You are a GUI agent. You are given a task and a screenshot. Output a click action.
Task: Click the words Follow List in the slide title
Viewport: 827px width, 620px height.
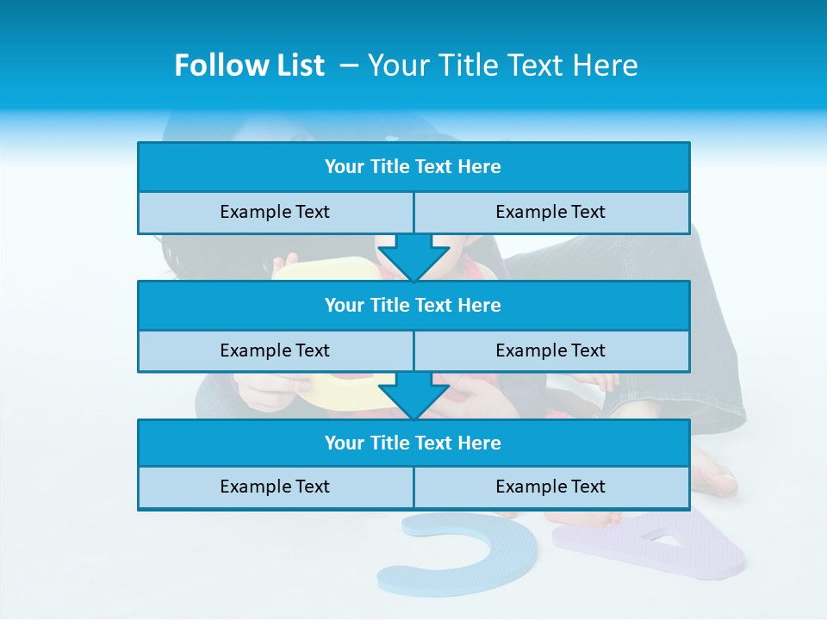pos(249,65)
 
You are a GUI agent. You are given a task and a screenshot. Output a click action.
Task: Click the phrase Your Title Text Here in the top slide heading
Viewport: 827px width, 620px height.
pos(503,65)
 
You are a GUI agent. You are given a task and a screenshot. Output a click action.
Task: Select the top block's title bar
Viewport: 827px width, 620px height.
pos(413,167)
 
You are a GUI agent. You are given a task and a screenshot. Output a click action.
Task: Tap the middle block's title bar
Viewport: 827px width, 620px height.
pos(413,305)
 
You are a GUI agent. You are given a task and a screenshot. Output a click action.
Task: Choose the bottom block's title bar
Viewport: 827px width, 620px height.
pos(413,443)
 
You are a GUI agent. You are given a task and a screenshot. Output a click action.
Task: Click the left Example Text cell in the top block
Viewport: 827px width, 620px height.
pos(275,212)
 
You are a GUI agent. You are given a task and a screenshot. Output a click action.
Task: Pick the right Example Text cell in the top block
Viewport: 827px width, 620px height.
pos(550,212)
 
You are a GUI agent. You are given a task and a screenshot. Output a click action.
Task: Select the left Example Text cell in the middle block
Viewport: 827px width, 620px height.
pos(275,350)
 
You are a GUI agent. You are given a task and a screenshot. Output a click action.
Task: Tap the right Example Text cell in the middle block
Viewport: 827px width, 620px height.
pos(550,350)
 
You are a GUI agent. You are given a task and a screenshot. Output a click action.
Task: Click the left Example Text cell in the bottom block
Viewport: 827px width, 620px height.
pos(275,487)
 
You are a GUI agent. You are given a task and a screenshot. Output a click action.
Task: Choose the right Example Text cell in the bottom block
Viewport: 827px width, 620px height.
pos(550,487)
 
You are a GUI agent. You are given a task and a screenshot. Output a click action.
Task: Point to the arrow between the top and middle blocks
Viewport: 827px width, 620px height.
pos(413,257)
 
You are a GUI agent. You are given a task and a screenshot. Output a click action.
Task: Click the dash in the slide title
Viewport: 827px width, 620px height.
pos(350,65)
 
